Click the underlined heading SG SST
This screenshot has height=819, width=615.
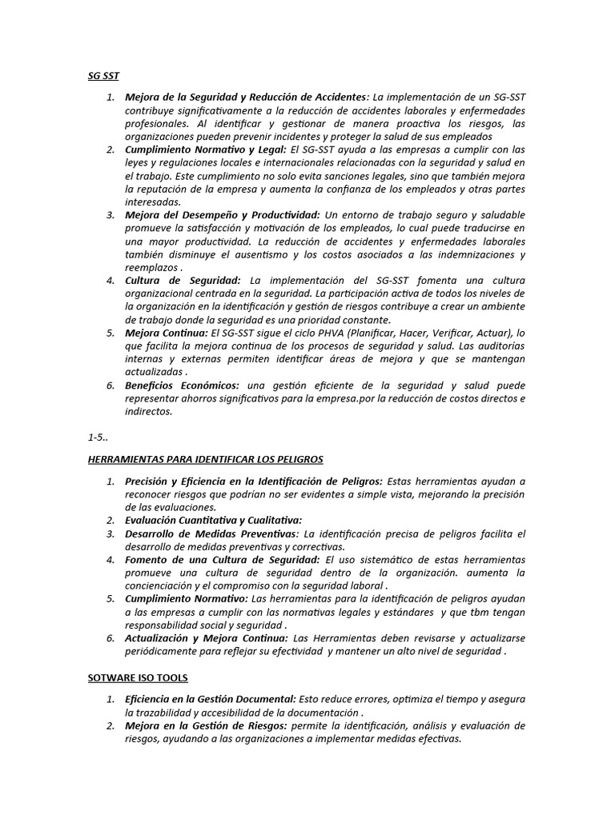click(102, 77)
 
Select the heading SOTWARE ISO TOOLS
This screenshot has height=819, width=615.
click(138, 677)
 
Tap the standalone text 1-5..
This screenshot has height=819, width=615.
click(98, 437)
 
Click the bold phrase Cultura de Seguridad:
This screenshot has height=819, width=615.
click(183, 280)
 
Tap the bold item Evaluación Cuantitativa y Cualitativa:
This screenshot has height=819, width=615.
click(213, 520)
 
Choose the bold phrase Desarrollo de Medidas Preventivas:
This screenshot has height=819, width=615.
click(211, 533)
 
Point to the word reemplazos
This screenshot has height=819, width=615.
click(151, 267)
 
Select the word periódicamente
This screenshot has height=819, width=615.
click(163, 651)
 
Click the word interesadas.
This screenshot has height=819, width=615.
click(153, 202)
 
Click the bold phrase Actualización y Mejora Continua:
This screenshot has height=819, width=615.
click(206, 638)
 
